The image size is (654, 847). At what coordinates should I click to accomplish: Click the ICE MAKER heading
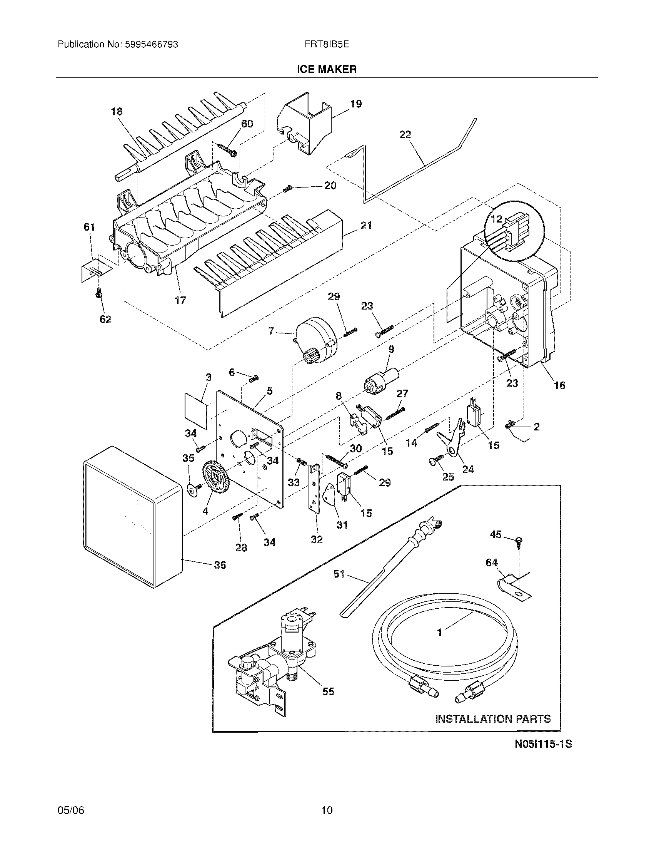click(327, 69)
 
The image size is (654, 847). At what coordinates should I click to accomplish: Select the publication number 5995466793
click(151, 45)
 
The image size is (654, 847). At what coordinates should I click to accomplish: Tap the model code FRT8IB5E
click(327, 45)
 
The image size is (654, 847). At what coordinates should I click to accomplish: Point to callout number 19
click(356, 104)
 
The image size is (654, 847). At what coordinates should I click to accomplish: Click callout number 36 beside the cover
click(220, 566)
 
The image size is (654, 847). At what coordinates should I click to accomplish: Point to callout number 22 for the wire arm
click(405, 135)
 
